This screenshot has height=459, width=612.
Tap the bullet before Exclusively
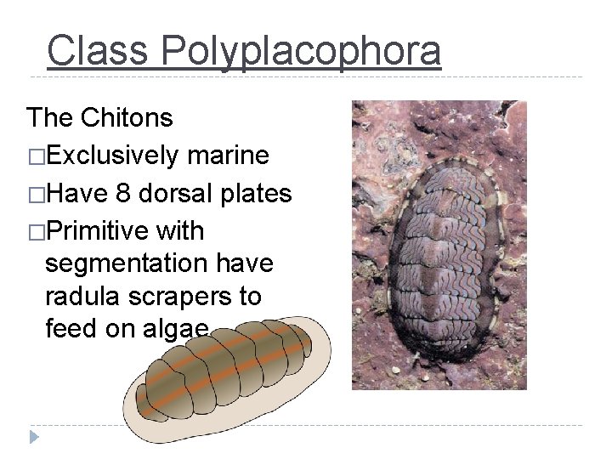(x=36, y=156)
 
